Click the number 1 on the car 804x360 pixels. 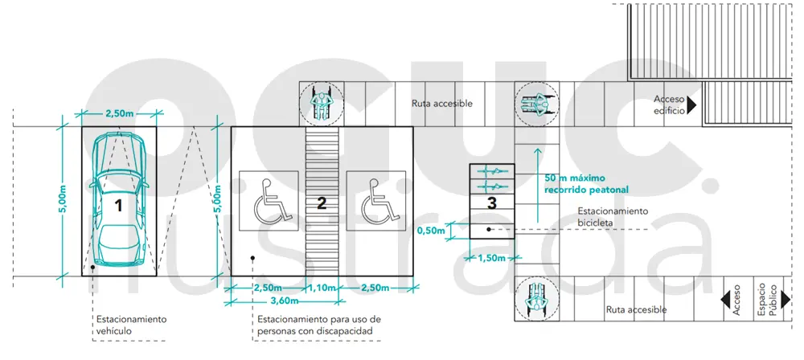click(x=118, y=205)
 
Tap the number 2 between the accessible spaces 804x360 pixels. click(x=322, y=203)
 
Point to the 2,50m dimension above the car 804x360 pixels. click(x=119, y=113)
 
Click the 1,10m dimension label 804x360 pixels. click(x=322, y=288)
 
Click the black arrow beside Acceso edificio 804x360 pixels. click(x=690, y=104)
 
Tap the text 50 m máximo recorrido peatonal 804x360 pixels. click(x=586, y=183)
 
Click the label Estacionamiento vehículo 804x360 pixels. click(x=131, y=325)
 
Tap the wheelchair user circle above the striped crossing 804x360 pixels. click(x=321, y=104)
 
